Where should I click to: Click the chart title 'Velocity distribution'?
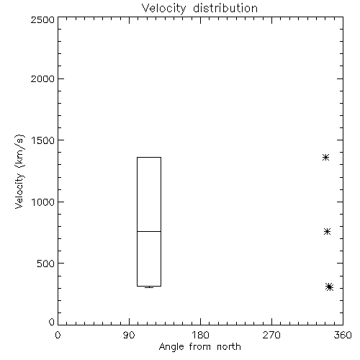pyautogui.click(x=199, y=9)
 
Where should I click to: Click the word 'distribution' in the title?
pyautogui.click(x=225, y=8)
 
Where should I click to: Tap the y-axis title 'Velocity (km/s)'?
pyautogui.click(x=19, y=171)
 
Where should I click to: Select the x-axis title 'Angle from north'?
pyautogui.click(x=199, y=346)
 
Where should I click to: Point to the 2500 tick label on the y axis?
pyautogui.click(x=43, y=19)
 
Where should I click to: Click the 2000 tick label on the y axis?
pyautogui.click(x=43, y=78)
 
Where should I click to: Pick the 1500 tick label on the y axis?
pyautogui.click(x=43, y=140)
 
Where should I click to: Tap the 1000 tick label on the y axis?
pyautogui.click(x=43, y=202)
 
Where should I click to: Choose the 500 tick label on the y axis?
pyautogui.click(x=46, y=264)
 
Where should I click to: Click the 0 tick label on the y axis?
pyautogui.click(x=52, y=322)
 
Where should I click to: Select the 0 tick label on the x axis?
pyautogui.click(x=58, y=335)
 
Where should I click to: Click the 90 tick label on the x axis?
pyautogui.click(x=129, y=335)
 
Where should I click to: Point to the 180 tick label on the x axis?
pyautogui.click(x=200, y=335)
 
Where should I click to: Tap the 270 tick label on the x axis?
pyautogui.click(x=271, y=335)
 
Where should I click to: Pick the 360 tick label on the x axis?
pyautogui.click(x=343, y=335)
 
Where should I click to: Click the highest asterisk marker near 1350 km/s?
pyautogui.click(x=325, y=158)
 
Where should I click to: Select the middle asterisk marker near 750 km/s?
pyautogui.click(x=327, y=231)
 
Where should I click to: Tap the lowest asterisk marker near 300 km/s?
pyautogui.click(x=330, y=287)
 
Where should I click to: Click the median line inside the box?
pyautogui.click(x=149, y=231)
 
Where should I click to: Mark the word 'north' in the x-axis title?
pyautogui.click(x=229, y=346)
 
